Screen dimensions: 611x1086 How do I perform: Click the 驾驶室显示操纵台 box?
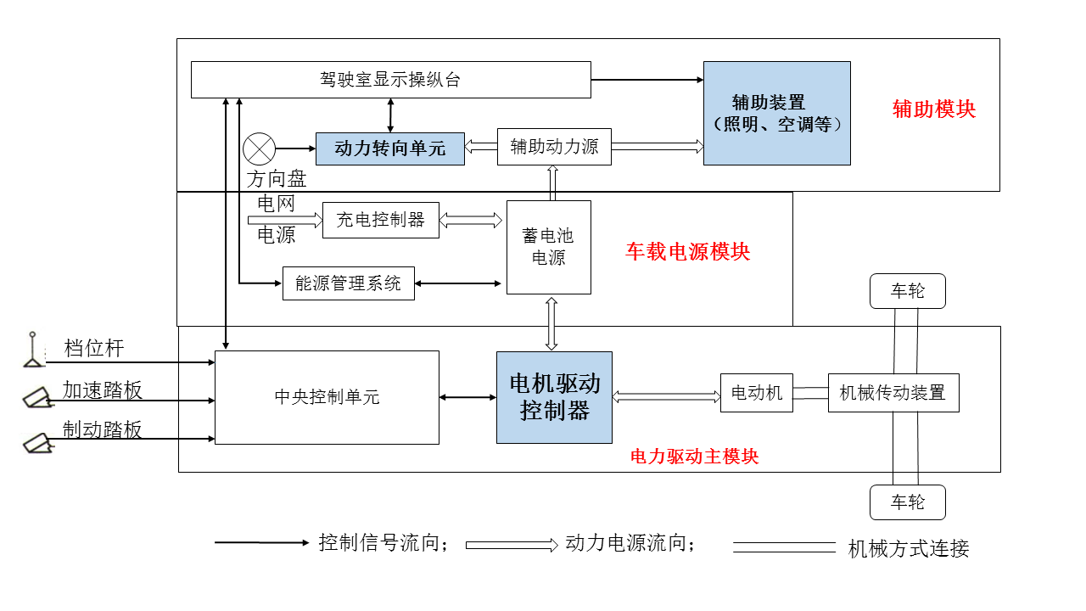[x=390, y=80]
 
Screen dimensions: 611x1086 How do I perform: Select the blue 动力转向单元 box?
[x=390, y=149]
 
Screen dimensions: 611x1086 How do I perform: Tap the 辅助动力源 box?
[x=554, y=147]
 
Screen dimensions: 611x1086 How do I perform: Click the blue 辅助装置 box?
[x=777, y=113]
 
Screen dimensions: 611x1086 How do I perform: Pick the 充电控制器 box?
[x=381, y=220]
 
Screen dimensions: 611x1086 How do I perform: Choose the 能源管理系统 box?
[x=348, y=283]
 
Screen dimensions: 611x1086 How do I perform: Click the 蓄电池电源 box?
[x=548, y=248]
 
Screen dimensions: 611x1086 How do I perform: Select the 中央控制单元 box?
[x=327, y=397]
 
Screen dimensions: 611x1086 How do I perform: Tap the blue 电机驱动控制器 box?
[x=554, y=397]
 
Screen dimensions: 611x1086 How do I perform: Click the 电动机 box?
[x=756, y=393]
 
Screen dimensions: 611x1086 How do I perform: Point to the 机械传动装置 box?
[x=893, y=393]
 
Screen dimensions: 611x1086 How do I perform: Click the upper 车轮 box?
[x=907, y=291]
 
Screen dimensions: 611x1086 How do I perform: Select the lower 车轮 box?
[x=907, y=502]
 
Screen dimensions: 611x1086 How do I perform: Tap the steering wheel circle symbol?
[x=259, y=149]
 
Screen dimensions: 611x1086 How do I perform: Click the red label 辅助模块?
[x=934, y=109]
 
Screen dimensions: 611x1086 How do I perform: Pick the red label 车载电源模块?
[x=687, y=252]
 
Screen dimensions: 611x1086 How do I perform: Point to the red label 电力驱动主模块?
[x=694, y=457]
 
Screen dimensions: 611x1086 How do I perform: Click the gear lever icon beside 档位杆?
[x=33, y=350]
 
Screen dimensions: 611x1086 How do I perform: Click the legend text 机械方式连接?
[x=908, y=549]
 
